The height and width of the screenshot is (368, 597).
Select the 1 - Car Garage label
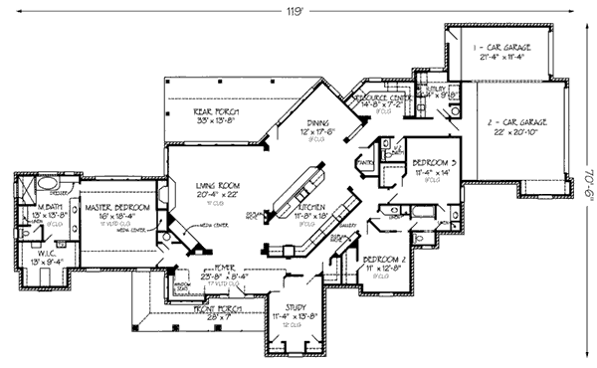tap(503, 47)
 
